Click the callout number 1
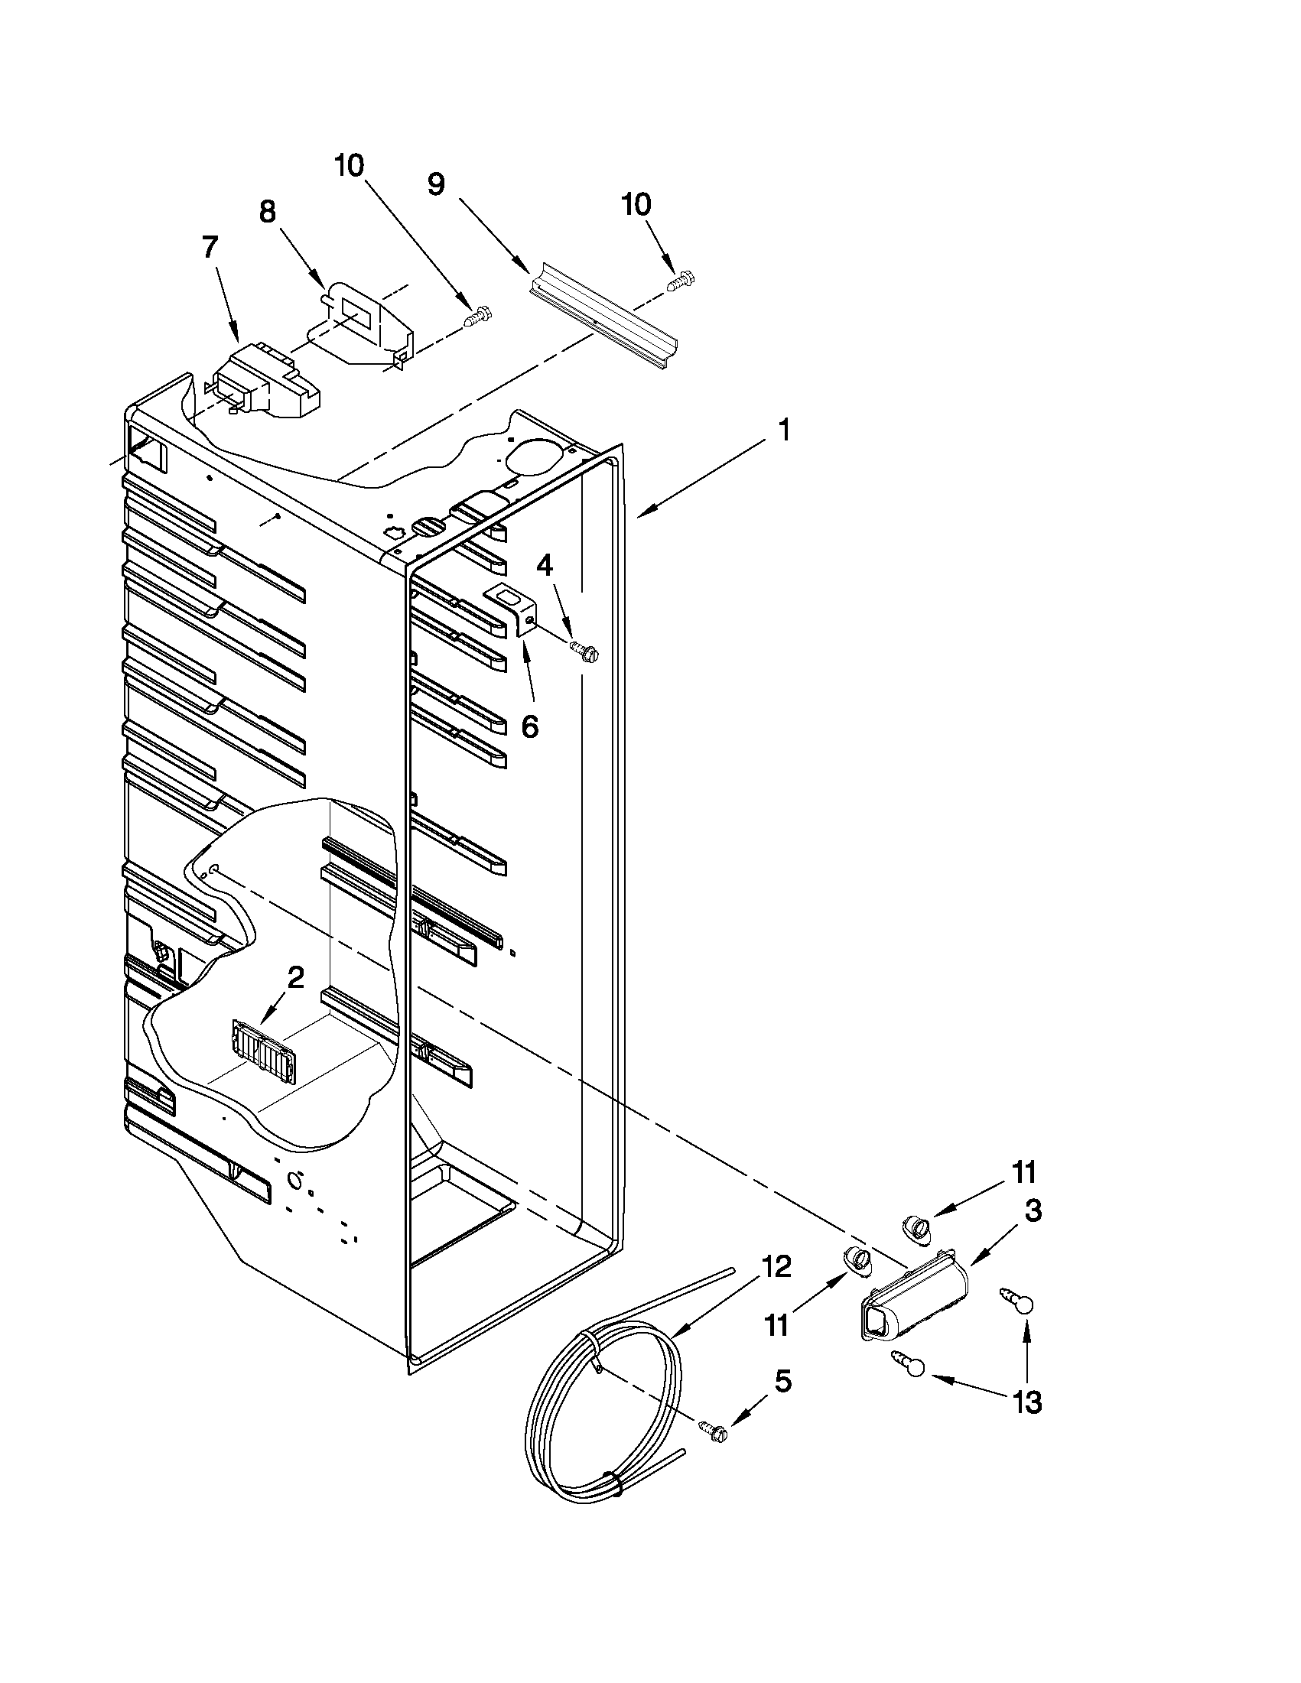[x=784, y=430]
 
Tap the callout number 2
[x=296, y=978]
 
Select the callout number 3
[x=1033, y=1210]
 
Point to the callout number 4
[x=544, y=567]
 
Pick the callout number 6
[x=530, y=726]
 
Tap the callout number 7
[x=210, y=249]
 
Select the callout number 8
[x=267, y=212]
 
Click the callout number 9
[x=436, y=185]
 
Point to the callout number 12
[x=776, y=1265]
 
